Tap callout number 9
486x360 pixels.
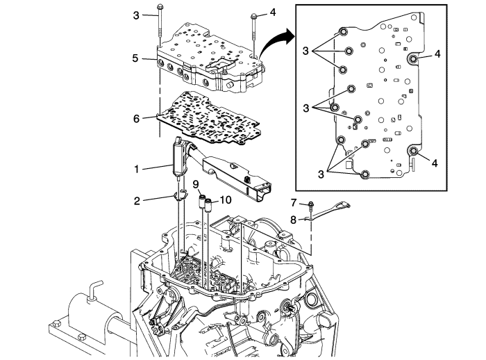coord(196,183)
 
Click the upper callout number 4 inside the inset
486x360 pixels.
coord(437,52)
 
